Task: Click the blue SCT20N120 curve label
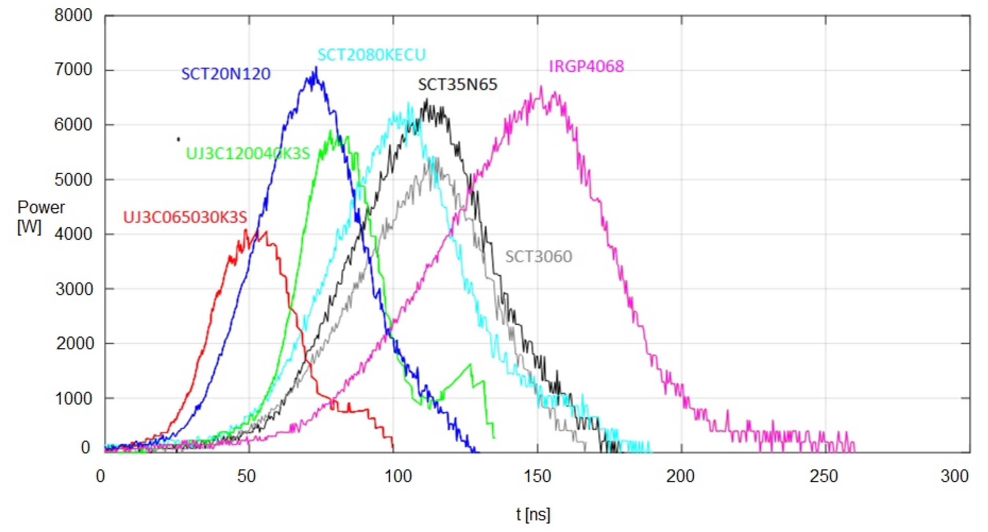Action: pyautogui.click(x=225, y=74)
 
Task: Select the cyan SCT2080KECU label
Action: pyautogui.click(x=371, y=55)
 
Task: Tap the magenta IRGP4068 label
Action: pyautogui.click(x=586, y=66)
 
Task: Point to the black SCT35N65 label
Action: pyautogui.click(x=458, y=84)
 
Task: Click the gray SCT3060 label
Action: pyautogui.click(x=538, y=256)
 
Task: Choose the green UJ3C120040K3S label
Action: pyautogui.click(x=248, y=154)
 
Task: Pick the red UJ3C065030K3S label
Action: pyautogui.click(x=185, y=217)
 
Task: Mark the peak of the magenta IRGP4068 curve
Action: pyautogui.click(x=541, y=87)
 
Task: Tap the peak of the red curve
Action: pyautogui.click(x=246, y=230)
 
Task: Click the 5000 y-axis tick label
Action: pyautogui.click(x=73, y=179)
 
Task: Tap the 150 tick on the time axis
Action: pyautogui.click(x=537, y=476)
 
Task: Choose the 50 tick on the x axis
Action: pyautogui.click(x=246, y=476)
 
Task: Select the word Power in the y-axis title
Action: pyautogui.click(x=41, y=207)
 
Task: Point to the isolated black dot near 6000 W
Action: pyautogui.click(x=178, y=139)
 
